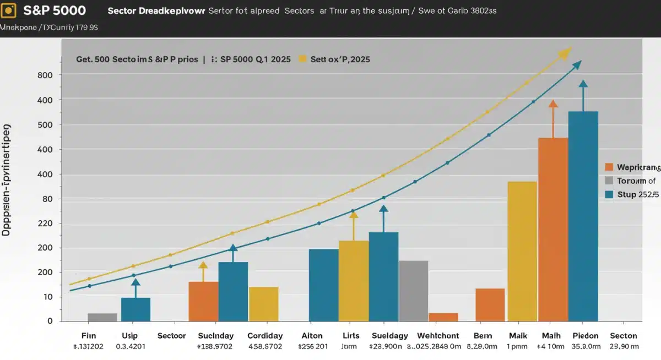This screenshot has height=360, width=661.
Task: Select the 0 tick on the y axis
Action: pos(50,321)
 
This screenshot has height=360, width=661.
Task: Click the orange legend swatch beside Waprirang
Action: pos(609,167)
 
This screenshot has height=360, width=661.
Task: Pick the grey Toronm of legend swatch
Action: pos(609,181)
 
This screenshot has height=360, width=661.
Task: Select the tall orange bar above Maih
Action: pos(552,229)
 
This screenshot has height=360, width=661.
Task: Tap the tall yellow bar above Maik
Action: pos(522,251)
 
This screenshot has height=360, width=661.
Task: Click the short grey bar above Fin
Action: pos(102,317)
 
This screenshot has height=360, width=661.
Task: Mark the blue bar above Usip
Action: pos(136,309)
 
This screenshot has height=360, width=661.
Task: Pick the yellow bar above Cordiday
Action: pos(263,304)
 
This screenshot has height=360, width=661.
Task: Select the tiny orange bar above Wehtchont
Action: pos(443,317)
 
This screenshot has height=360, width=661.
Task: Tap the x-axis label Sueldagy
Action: pos(390,336)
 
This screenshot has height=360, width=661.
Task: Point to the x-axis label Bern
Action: pos(482,336)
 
